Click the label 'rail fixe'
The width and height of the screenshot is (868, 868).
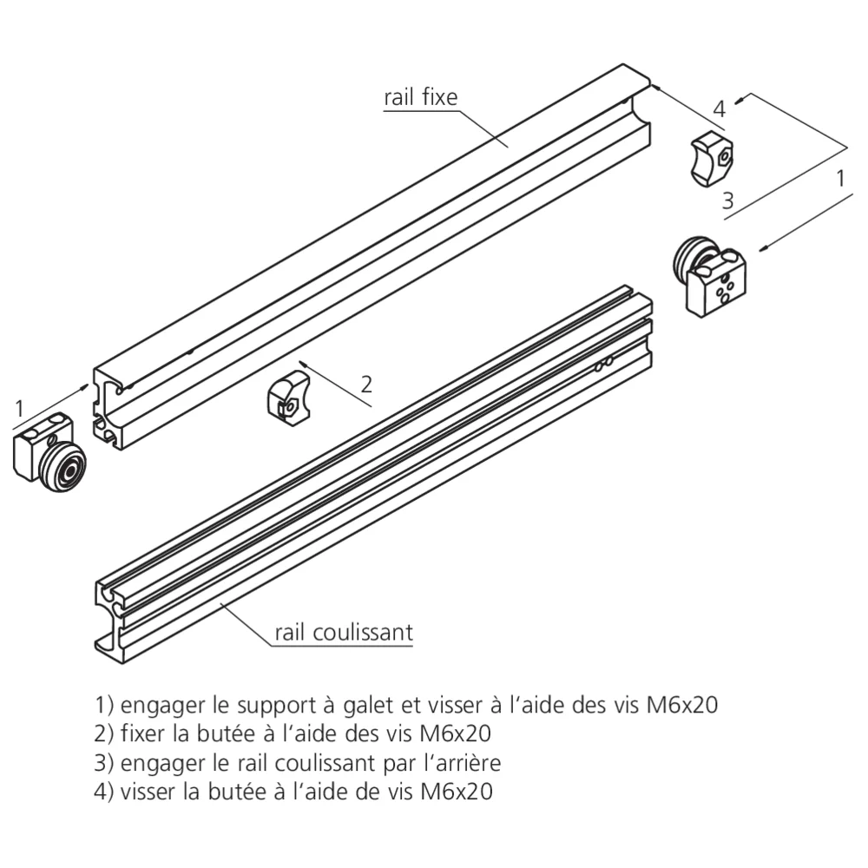click(420, 97)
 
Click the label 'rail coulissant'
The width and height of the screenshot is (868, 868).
click(344, 632)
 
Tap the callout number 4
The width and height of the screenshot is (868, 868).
click(719, 109)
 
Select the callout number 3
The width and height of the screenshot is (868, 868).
click(727, 201)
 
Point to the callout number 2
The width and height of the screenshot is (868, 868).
click(366, 383)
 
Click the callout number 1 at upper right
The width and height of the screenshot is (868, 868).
click(839, 179)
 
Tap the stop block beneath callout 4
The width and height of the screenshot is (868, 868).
click(711, 157)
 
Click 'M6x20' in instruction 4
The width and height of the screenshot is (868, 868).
click(457, 792)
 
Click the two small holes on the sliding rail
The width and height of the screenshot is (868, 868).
click(604, 363)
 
